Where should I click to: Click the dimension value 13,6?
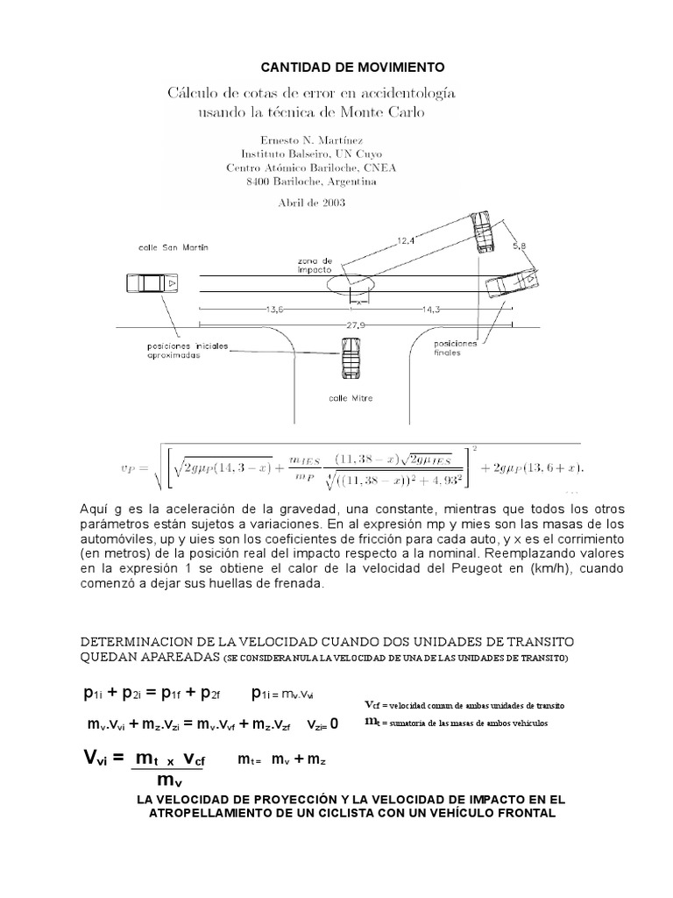pyautogui.click(x=273, y=309)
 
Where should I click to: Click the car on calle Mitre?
pyautogui.click(x=350, y=360)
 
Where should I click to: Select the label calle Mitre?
pyautogui.click(x=351, y=397)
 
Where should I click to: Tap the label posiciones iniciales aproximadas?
pyautogui.click(x=187, y=351)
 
